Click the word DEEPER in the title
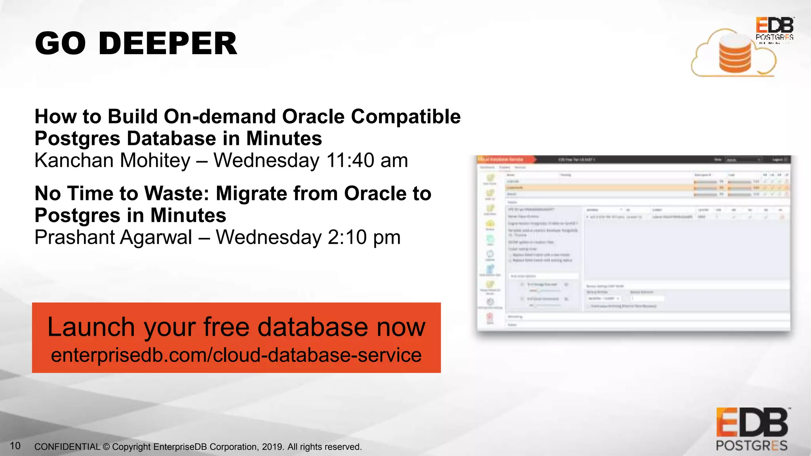click(168, 44)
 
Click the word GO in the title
click(60, 44)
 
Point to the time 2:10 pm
click(364, 237)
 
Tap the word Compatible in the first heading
click(405, 117)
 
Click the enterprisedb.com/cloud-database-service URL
click(236, 355)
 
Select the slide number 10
click(15, 446)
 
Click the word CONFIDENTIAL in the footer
click(67, 447)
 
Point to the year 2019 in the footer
click(272, 447)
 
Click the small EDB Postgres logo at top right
click(774, 29)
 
